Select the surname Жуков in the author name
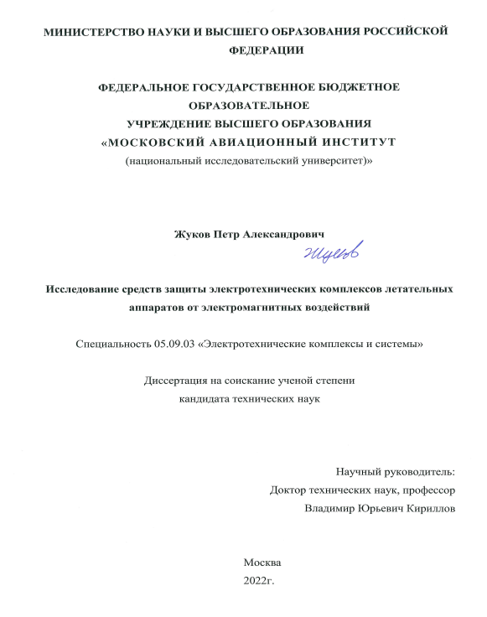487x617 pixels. (x=191, y=235)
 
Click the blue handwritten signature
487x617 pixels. (x=325, y=251)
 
